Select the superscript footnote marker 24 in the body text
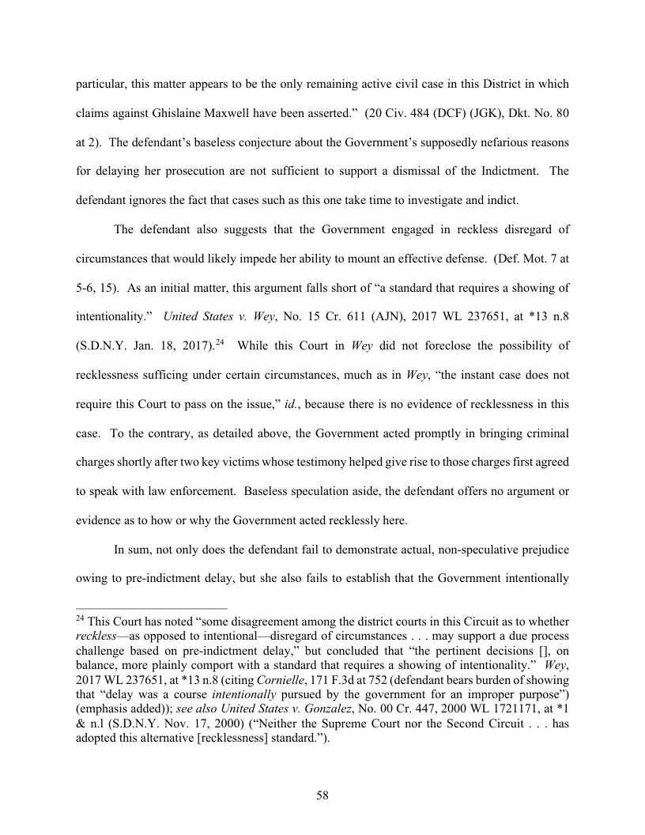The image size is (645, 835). coord(224,342)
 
